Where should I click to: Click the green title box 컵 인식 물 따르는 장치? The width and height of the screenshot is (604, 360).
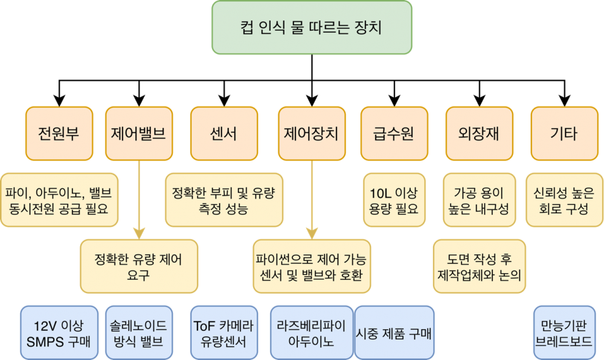(312, 27)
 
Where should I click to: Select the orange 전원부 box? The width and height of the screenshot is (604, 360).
(59, 133)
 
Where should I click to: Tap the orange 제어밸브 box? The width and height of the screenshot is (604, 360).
(139, 133)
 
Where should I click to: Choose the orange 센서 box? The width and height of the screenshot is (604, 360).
(224, 133)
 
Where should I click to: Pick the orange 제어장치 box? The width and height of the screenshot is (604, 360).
(312, 133)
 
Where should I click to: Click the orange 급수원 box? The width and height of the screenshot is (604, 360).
(394, 133)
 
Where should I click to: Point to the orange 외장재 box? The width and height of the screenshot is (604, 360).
(480, 133)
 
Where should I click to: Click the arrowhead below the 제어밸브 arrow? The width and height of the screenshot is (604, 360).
(139, 232)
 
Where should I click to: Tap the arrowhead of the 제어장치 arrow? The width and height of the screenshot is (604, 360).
(312, 232)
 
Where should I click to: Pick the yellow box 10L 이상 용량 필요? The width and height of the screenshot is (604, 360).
(394, 201)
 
